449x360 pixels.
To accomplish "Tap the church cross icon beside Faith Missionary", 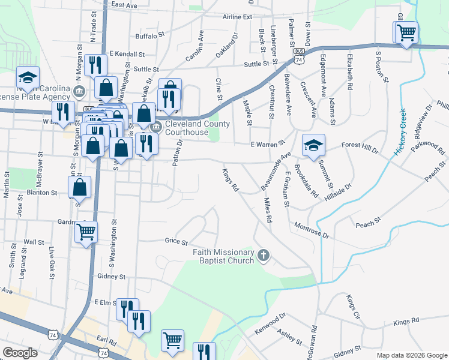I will tap(262, 256).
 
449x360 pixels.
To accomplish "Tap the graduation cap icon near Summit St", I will tap(313, 146).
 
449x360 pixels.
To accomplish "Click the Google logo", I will tap(20, 353).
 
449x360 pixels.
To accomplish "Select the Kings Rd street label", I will tap(231, 180).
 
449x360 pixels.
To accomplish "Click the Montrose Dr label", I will tap(312, 230).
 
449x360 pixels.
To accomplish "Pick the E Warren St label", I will tap(267, 144).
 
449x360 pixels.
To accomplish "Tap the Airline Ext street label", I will tap(237, 17).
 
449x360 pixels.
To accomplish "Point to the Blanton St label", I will tap(42, 193).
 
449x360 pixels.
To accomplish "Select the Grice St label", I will tap(176, 241).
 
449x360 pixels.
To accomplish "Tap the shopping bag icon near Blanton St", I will tap(80, 188).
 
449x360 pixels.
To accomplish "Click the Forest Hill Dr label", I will tap(360, 145).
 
